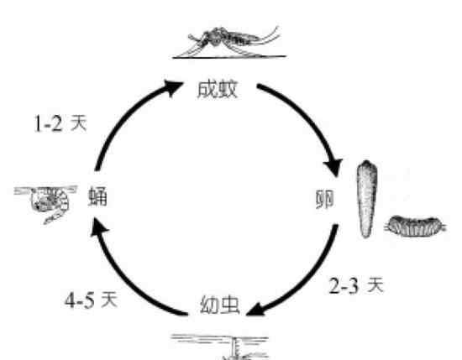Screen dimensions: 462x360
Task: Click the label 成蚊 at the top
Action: point(218,89)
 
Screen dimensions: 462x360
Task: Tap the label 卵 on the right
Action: point(324,199)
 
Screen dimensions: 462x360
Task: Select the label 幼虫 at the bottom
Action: point(219,305)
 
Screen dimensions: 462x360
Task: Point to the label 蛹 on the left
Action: point(97,196)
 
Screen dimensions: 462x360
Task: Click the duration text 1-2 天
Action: point(60,123)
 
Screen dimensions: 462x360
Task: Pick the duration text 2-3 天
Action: point(356,285)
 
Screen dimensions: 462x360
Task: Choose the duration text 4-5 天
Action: point(91,300)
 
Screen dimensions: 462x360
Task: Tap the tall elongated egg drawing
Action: point(366,199)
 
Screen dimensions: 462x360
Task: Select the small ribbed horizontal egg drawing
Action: point(416,227)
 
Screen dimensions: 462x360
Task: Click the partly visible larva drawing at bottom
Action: point(221,347)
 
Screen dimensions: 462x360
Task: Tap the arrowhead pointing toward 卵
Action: point(333,168)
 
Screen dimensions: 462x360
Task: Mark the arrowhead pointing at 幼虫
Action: point(255,310)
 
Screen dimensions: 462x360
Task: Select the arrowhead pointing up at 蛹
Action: point(99,227)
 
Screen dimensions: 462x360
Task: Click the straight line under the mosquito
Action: point(229,57)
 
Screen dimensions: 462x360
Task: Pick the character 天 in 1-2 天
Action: point(79,123)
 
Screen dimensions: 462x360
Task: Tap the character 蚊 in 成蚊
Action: point(228,89)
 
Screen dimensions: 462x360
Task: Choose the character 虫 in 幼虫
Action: point(229,305)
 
